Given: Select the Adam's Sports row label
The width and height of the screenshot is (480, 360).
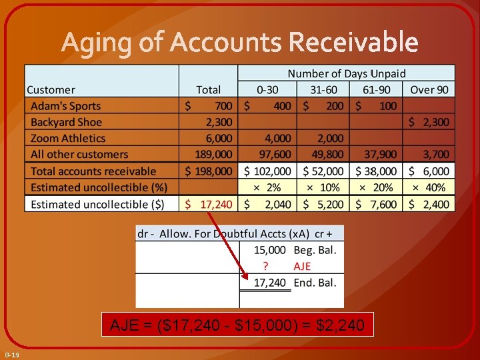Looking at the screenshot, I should [65, 105].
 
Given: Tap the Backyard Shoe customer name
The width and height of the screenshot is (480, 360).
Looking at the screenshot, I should [67, 122].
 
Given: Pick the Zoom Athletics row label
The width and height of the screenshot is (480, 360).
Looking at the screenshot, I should [68, 138].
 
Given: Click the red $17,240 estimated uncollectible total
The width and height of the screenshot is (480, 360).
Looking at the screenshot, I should [209, 204].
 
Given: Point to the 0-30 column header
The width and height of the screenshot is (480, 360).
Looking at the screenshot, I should [268, 89].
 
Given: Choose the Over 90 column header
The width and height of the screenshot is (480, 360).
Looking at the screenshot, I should [430, 89].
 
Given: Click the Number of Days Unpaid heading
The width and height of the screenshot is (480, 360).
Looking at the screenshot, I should [346, 73].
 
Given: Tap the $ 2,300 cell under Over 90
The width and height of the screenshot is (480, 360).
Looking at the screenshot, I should [429, 122].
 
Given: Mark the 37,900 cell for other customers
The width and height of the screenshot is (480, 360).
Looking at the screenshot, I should [380, 155].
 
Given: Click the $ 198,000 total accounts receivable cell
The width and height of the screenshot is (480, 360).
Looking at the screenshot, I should [209, 171].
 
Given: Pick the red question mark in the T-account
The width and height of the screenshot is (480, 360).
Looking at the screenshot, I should [265, 266].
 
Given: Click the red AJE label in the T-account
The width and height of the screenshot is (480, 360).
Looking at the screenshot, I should [302, 266].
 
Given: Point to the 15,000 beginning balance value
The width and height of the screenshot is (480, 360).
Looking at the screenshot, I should [270, 250].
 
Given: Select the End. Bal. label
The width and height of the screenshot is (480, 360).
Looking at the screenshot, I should [315, 283].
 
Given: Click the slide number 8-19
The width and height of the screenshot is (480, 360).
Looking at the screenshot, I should [11, 355].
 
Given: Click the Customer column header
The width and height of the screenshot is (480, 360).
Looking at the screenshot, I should [51, 89].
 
